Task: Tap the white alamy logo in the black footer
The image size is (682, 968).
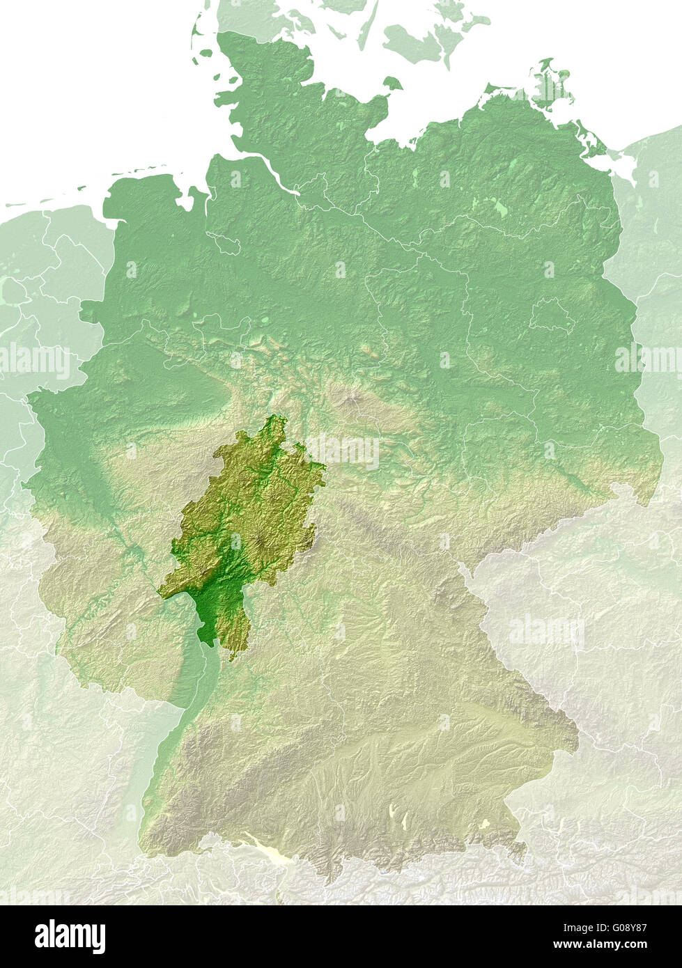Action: tap(70, 937)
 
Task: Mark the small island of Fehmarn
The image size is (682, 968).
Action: tap(392, 84)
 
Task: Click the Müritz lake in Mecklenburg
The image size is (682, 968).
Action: tap(499, 207)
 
